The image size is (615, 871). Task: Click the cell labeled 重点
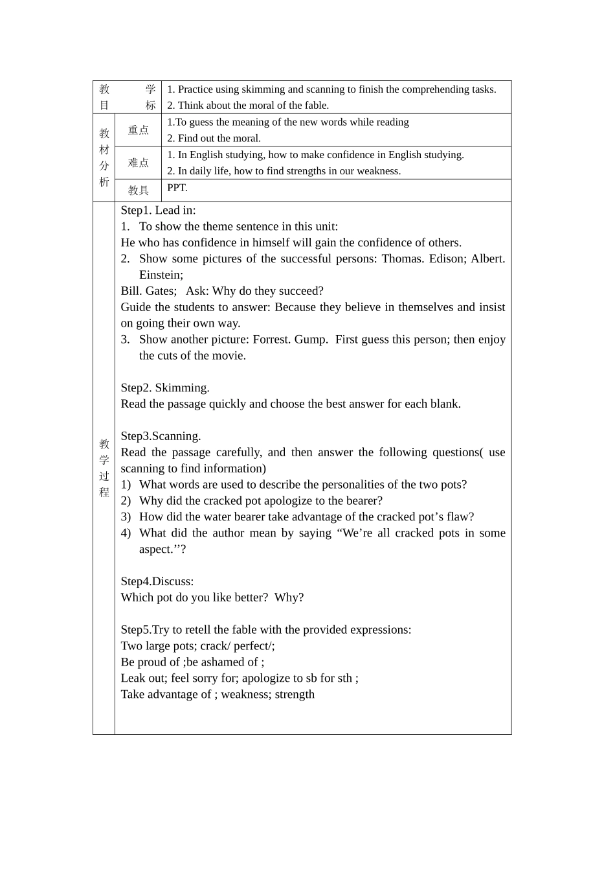tap(138, 130)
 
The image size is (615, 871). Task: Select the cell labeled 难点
tap(138, 163)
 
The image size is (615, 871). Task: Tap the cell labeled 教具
tap(138, 191)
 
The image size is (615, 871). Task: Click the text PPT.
tap(177, 188)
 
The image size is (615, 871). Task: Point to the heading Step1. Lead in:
tap(158, 210)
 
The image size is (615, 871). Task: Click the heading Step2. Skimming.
tap(165, 388)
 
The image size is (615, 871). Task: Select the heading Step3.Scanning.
tap(161, 436)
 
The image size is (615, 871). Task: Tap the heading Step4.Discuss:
tap(157, 581)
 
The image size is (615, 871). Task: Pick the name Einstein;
tap(161, 275)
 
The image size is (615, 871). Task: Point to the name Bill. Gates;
tap(148, 291)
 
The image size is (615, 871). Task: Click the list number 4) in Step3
tap(126, 533)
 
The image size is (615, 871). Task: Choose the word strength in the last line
tap(294, 695)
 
